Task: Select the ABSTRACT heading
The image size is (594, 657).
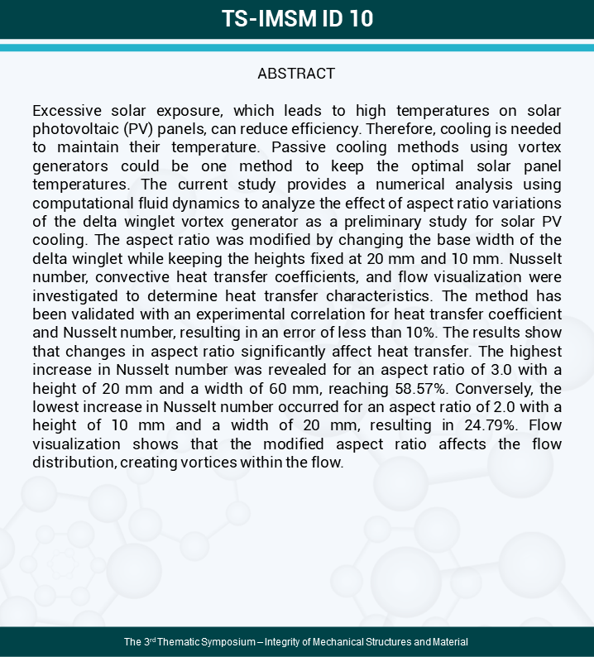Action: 296,74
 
